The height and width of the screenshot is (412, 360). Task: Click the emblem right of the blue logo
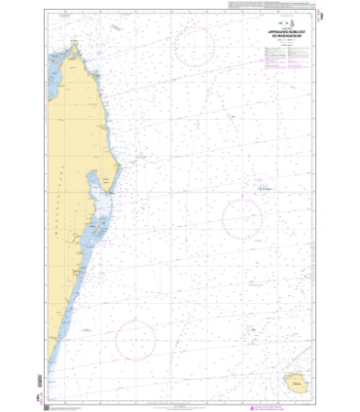(289, 24)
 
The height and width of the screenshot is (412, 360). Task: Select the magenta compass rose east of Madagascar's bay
(240, 218)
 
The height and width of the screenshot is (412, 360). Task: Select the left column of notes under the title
(272, 58)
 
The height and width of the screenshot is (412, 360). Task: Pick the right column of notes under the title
(297, 58)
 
